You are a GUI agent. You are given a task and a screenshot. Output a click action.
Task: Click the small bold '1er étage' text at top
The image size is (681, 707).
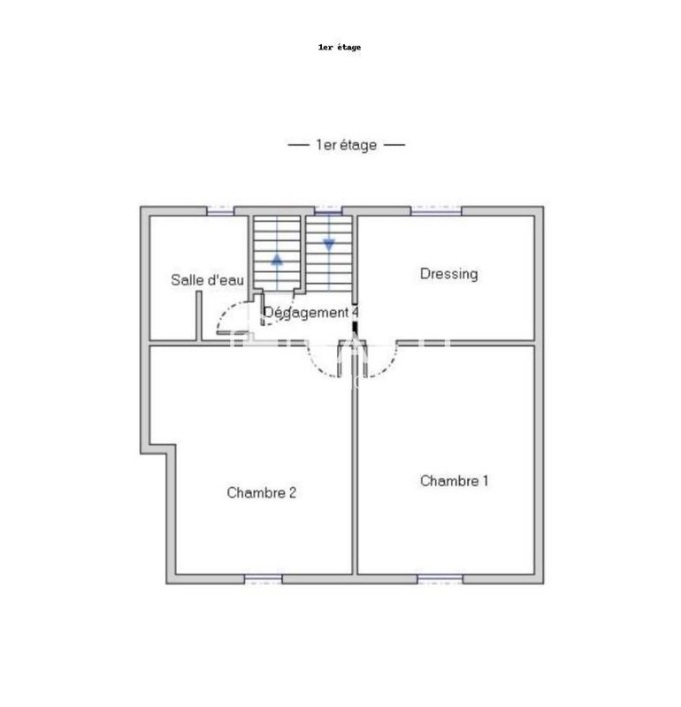click(x=340, y=47)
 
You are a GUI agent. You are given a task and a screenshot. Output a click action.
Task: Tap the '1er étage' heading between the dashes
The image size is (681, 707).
click(x=346, y=145)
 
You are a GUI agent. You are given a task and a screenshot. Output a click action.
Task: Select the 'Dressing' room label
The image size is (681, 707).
click(x=448, y=274)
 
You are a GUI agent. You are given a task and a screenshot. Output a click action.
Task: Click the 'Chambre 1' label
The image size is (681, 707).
click(x=454, y=481)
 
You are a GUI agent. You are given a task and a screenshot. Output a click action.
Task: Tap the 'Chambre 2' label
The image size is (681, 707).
click(x=261, y=493)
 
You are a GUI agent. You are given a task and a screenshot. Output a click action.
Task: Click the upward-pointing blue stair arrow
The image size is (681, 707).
click(x=277, y=259)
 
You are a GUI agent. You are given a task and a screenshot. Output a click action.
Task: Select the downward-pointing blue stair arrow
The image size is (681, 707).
click(x=329, y=244)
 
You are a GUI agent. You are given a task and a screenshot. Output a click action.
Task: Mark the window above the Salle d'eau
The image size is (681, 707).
click(x=220, y=211)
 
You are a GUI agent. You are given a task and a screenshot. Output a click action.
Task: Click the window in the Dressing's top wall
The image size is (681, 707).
click(x=435, y=211)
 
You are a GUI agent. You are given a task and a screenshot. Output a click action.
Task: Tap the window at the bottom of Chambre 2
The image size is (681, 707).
click(x=263, y=579)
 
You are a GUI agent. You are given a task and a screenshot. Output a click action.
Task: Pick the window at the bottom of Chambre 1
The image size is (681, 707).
click(x=440, y=579)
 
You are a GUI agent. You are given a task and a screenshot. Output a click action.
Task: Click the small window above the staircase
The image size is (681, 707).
click(x=327, y=211)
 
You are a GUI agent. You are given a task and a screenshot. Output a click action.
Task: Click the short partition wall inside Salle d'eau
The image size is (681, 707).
click(x=199, y=315)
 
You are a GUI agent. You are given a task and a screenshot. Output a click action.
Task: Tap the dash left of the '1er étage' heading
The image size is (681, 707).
click(x=299, y=145)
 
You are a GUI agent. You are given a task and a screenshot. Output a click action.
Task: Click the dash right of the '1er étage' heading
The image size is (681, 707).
click(x=394, y=145)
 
